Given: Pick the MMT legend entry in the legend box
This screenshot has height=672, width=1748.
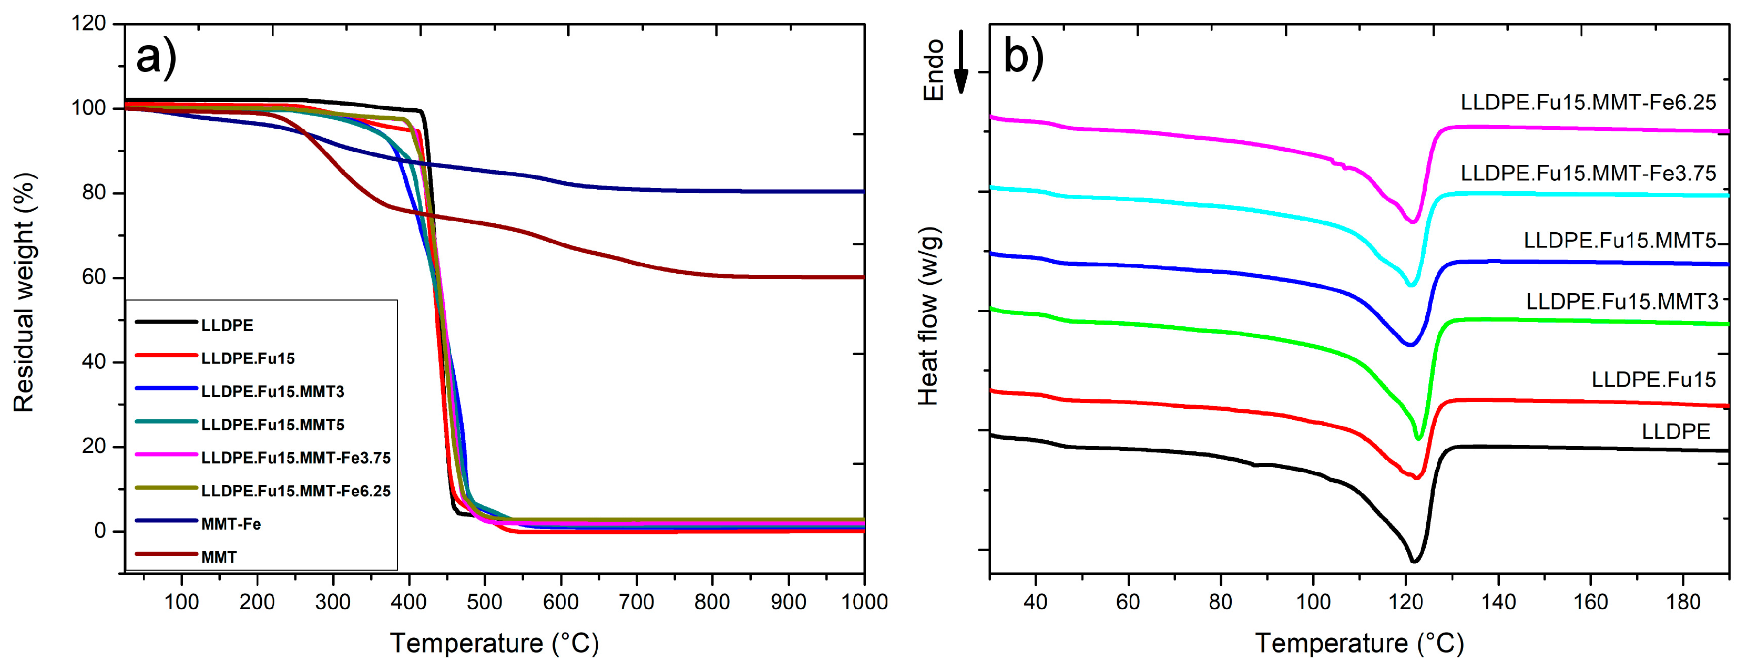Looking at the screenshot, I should [x=219, y=557].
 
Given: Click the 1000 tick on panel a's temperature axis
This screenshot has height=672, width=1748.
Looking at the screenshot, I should [x=864, y=602].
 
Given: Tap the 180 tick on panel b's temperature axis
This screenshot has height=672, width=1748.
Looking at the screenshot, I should [x=1683, y=602].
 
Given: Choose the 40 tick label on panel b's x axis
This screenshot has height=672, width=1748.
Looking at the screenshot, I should [x=1036, y=602].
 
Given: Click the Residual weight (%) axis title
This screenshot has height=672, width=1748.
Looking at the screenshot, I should [x=24, y=293].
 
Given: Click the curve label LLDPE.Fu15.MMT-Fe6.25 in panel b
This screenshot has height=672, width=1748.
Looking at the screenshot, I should [x=1588, y=102].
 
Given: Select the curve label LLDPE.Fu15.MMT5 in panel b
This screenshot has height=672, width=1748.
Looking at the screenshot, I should [x=1620, y=241].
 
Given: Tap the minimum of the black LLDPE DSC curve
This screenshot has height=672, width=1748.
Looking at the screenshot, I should [x=1414, y=561].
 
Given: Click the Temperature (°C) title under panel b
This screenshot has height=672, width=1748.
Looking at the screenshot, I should [x=1359, y=643].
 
